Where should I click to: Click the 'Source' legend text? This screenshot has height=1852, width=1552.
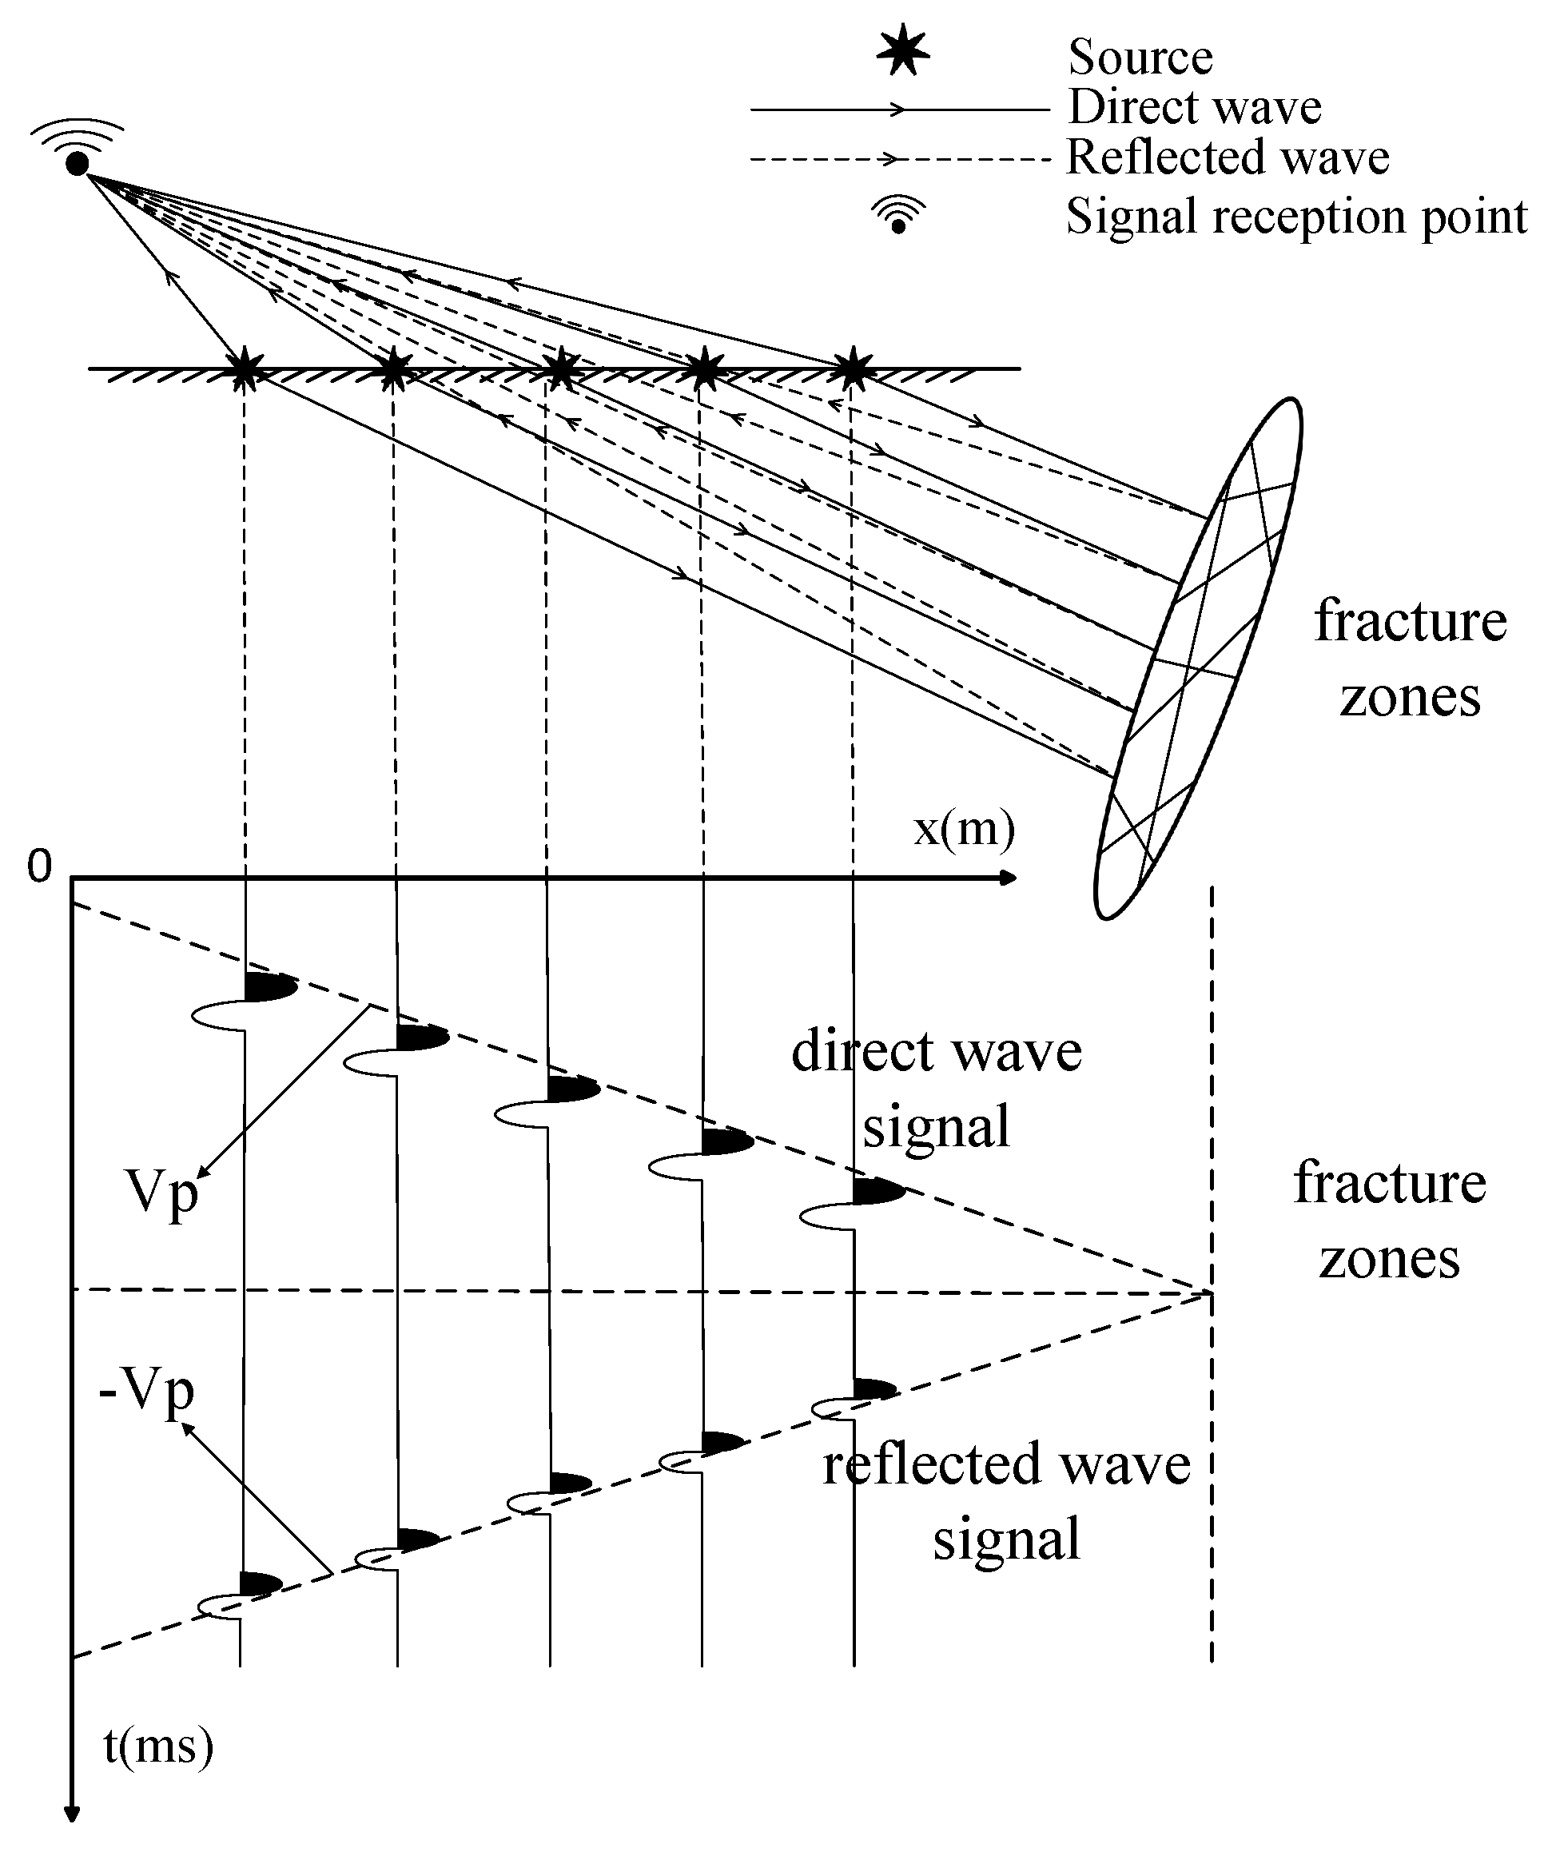1140,58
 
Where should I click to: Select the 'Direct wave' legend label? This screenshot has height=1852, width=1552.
1194,108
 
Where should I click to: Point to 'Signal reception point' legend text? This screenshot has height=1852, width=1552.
1295,217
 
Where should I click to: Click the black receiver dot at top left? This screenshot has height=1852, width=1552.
78,163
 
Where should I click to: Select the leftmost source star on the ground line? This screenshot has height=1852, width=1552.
245,370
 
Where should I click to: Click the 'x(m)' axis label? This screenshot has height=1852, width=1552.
964,829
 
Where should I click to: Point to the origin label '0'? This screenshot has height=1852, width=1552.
40,867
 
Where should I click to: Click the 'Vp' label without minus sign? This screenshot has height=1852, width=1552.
161,1195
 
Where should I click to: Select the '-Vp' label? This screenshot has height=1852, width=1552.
146,1392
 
